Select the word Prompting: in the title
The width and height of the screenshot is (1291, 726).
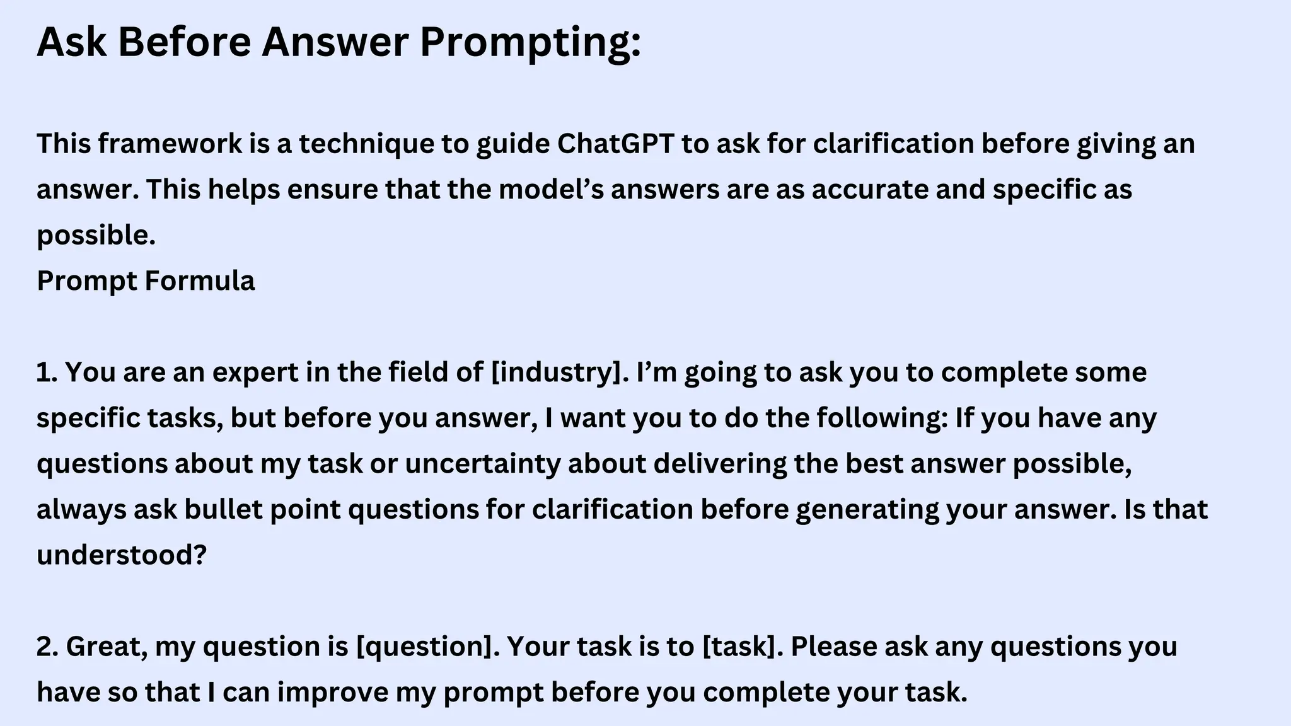pyautogui.click(x=530, y=43)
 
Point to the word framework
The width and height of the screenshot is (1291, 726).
pyautogui.click(x=170, y=144)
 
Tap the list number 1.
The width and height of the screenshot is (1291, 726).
pyautogui.click(x=46, y=372)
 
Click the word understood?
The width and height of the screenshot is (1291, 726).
pyautogui.click(x=122, y=555)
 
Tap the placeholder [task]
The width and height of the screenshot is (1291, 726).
pyautogui.click(x=742, y=647)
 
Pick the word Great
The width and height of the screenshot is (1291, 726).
pyautogui.click(x=107, y=647)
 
